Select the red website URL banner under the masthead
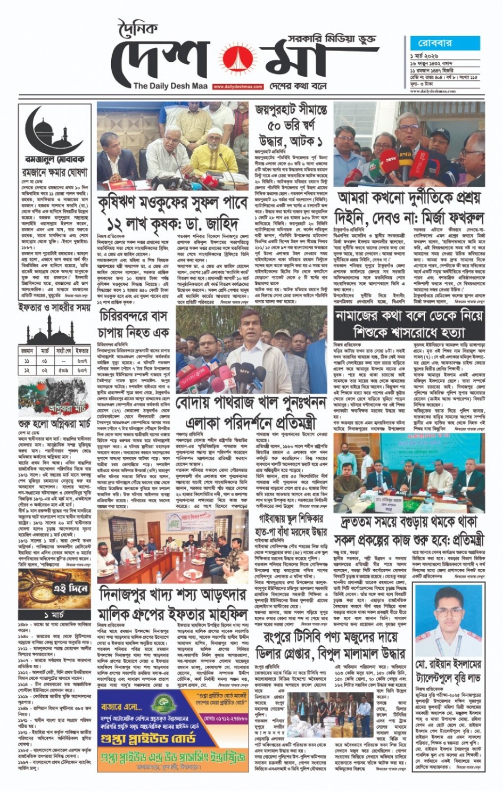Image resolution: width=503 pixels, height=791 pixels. pyautogui.click(x=238, y=86)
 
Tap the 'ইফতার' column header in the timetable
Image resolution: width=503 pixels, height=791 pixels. pyautogui.click(x=82, y=351)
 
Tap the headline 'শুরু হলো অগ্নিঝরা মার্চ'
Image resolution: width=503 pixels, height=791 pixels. pyautogui.click(x=55, y=425)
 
